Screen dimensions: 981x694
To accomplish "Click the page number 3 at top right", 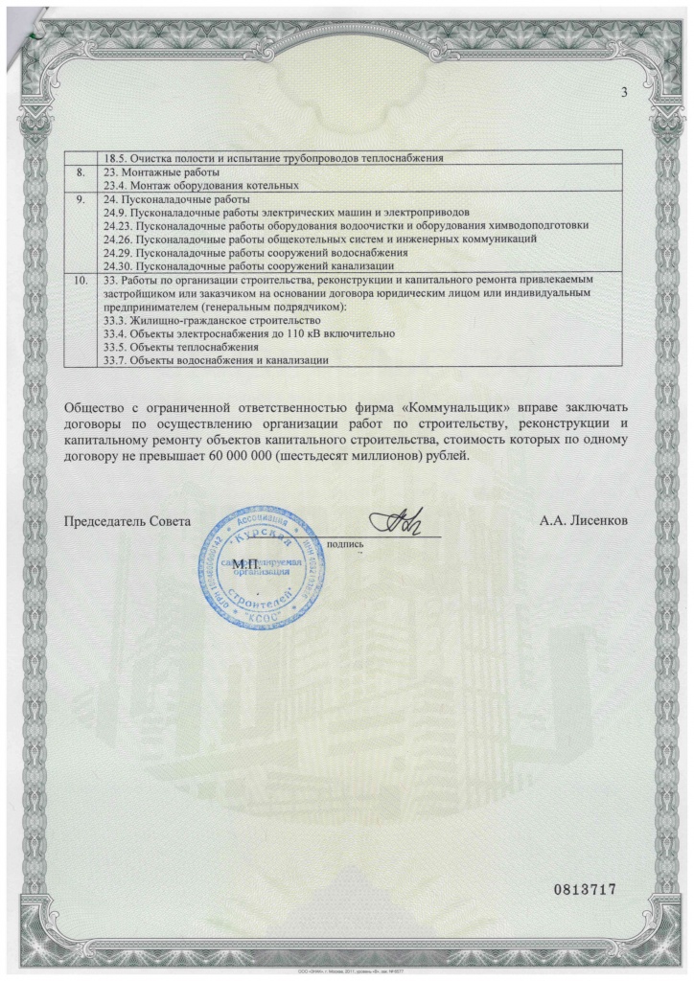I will pos(624,92).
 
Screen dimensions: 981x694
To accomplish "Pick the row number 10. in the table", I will pos(81,280).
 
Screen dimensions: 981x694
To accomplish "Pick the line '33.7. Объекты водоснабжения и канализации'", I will pos(216,360).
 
